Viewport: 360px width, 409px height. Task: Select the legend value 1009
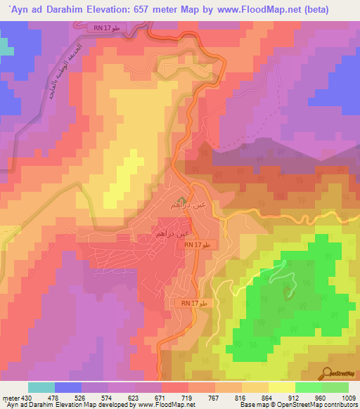(348, 397)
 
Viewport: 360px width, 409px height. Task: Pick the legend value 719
(188, 397)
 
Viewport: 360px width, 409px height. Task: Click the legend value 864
(268, 397)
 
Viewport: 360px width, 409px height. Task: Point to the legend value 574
(108, 397)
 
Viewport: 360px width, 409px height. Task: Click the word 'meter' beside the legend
(9, 397)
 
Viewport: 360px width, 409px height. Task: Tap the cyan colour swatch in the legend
(41, 387)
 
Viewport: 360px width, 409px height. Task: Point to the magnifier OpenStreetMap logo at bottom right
(338, 373)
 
